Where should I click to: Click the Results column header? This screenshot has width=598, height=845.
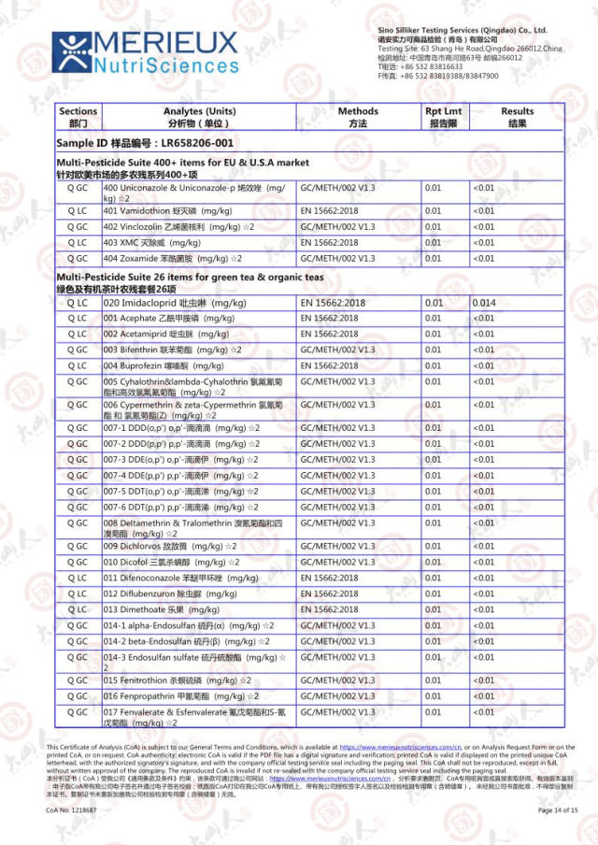[x=517, y=117]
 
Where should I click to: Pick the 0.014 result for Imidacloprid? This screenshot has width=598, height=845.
[x=484, y=304]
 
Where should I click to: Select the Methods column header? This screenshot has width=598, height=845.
[x=358, y=117]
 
